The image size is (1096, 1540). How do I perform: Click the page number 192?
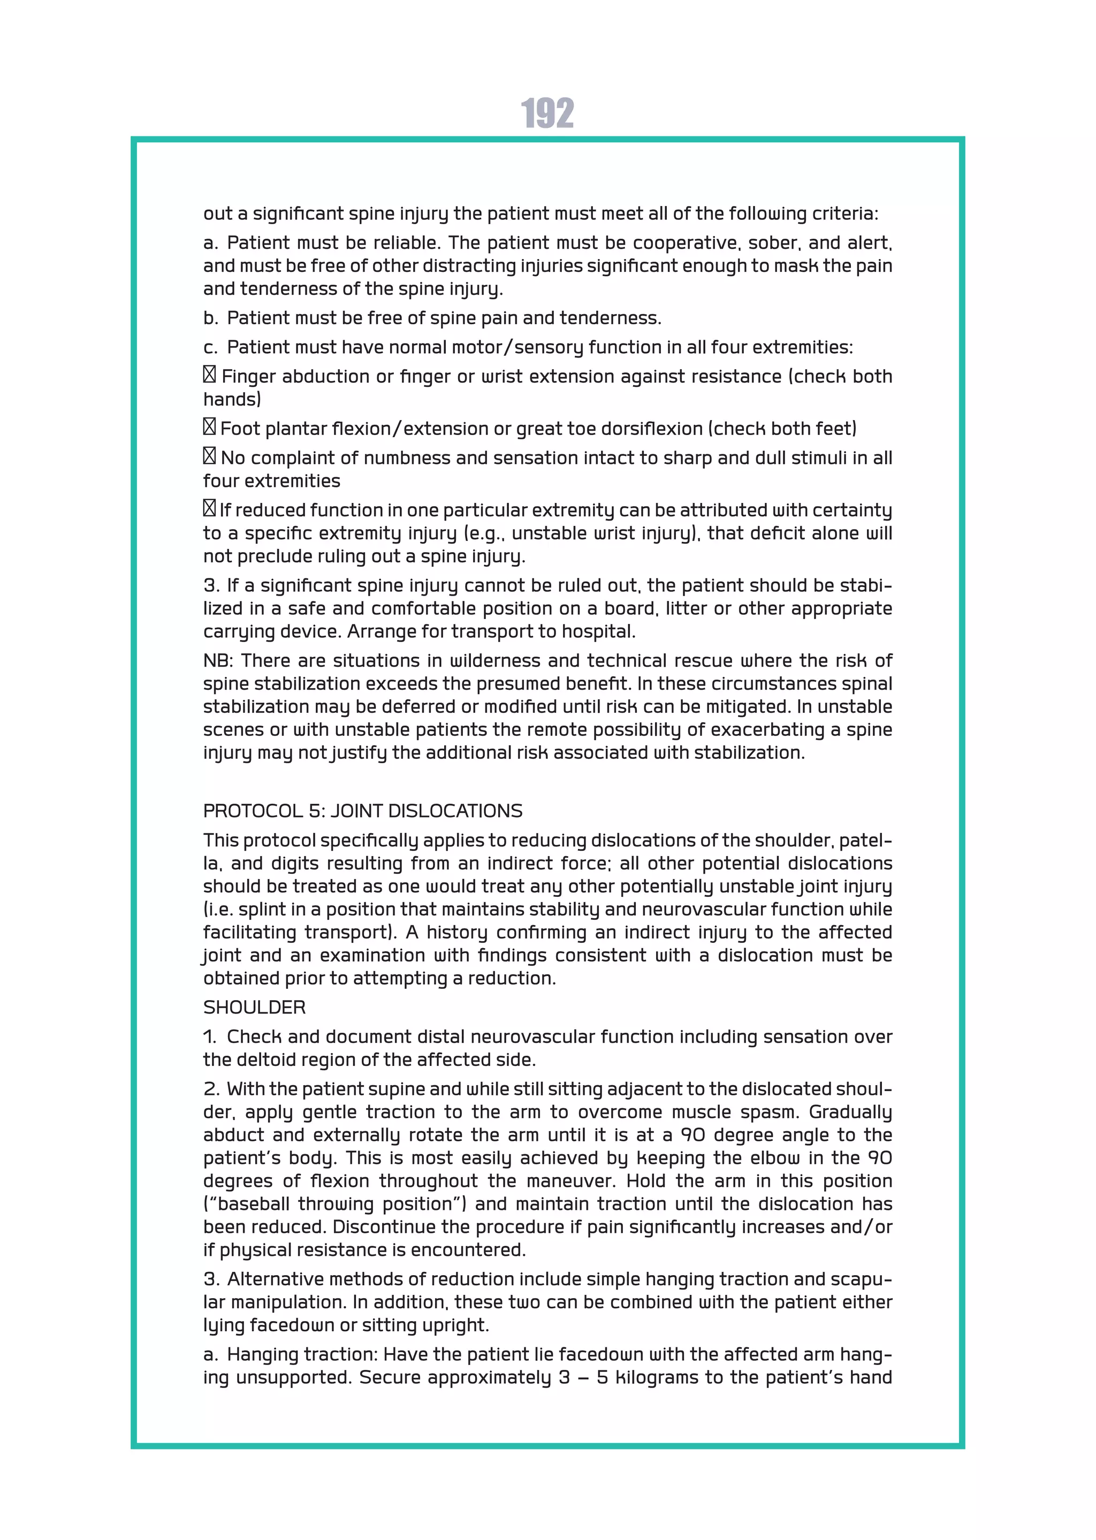pyautogui.click(x=547, y=113)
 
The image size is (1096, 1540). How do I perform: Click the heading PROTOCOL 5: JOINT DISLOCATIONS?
pyautogui.click(x=362, y=811)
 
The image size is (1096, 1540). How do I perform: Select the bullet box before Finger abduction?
pyautogui.click(x=209, y=375)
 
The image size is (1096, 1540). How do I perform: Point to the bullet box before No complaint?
pyautogui.click(x=209, y=456)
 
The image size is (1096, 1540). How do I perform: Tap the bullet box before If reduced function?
pyautogui.click(x=209, y=508)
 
